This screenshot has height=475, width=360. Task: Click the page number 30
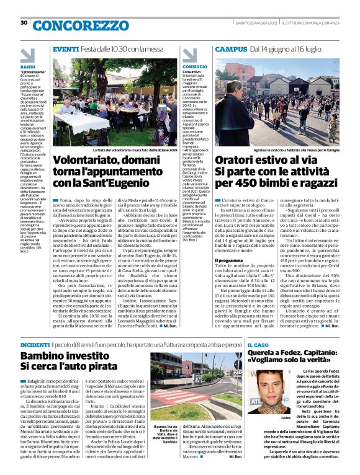pyautogui.click(x=24, y=23)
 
